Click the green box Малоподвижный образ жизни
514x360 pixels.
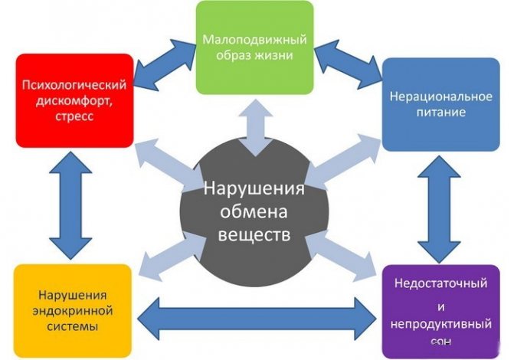click(x=254, y=47)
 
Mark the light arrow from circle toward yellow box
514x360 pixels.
click(x=165, y=256)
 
